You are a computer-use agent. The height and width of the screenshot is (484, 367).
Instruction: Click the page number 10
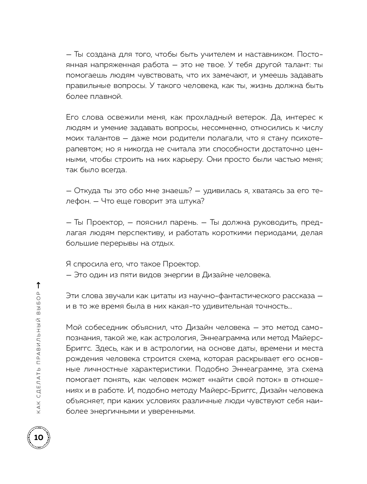38,437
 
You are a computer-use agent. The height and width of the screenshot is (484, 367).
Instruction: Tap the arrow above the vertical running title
38,285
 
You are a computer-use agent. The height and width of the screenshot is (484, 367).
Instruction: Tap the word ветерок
252,117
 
